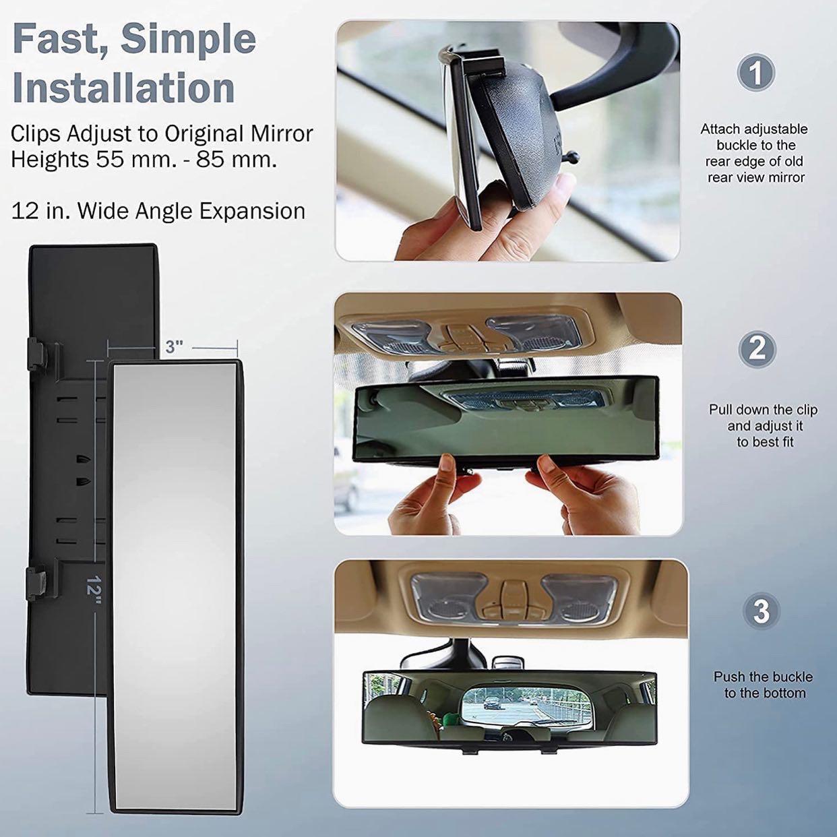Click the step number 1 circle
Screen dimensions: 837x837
pos(756,72)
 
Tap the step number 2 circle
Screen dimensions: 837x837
pos(757,349)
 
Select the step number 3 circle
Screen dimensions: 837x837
pos(762,611)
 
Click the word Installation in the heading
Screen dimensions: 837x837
pos(124,88)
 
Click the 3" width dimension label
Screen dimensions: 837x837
pos(174,347)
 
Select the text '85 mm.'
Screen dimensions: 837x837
pos(237,160)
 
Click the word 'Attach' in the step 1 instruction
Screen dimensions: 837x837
pos(720,129)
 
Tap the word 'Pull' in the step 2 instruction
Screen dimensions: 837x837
pos(720,410)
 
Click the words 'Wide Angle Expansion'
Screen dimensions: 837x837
pos(191,211)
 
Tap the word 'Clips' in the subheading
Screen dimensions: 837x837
pos(36,134)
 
